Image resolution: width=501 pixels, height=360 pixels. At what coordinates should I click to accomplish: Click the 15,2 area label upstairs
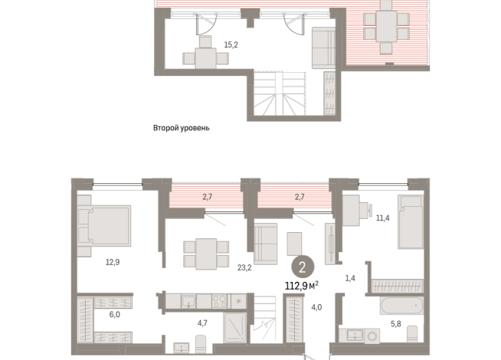tap(231, 44)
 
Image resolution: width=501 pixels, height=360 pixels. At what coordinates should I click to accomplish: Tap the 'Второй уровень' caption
tap(181, 128)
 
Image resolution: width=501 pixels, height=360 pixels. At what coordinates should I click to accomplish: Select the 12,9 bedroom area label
tap(113, 262)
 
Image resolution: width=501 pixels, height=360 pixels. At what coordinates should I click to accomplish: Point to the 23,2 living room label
tap(244, 267)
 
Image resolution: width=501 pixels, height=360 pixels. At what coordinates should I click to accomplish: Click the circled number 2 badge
tap(303, 267)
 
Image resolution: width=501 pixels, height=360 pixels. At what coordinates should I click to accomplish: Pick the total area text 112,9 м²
tap(301, 285)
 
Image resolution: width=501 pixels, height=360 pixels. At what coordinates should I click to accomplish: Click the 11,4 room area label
tap(382, 218)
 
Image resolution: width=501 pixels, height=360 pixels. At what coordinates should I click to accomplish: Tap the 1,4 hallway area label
tap(350, 278)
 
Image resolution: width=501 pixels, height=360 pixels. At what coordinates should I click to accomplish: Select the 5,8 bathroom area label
tap(396, 324)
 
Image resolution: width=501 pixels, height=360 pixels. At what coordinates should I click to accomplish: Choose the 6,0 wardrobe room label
tap(115, 315)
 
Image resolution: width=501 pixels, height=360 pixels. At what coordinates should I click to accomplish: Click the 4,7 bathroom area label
tap(202, 323)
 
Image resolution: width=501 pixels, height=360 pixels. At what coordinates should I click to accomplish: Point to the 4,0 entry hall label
tap(316, 308)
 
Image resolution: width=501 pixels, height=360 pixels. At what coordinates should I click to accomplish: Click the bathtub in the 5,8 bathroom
tap(401, 306)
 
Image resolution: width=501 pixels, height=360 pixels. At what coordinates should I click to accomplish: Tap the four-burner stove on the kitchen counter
tap(220, 301)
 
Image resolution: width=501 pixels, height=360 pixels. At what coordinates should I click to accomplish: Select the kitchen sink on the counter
tap(188, 301)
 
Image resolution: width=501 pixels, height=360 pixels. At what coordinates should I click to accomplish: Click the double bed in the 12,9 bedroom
tap(104, 225)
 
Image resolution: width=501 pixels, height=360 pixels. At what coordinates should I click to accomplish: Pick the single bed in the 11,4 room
tap(411, 221)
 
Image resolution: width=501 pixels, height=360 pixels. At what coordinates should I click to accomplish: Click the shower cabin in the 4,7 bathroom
tap(234, 327)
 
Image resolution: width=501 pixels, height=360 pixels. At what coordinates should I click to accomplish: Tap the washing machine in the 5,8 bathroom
tap(372, 336)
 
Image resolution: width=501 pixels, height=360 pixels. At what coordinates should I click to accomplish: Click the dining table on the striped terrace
tap(386, 26)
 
